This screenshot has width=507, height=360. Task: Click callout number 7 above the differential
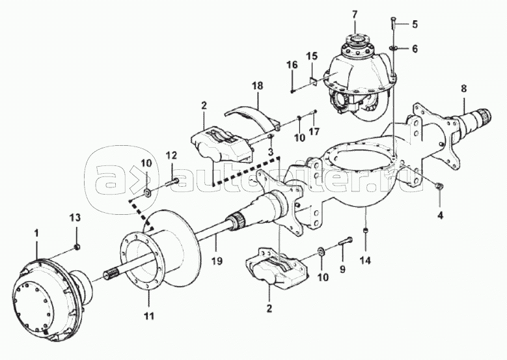(355, 15)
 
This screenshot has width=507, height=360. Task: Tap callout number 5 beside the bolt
(415, 24)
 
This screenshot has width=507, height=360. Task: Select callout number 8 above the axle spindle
(464, 89)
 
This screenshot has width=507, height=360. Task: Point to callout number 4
(440, 215)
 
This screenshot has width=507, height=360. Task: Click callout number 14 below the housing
(365, 260)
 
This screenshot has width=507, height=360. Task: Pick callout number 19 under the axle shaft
(217, 260)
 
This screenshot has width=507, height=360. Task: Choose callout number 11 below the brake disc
(150, 315)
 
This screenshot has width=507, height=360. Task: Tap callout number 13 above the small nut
(75, 218)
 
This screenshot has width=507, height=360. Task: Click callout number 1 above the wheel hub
(36, 233)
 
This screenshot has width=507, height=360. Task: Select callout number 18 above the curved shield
(258, 86)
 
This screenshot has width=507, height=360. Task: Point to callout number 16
(292, 64)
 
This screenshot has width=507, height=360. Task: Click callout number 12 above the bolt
(171, 156)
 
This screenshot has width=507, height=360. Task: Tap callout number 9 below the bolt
(342, 268)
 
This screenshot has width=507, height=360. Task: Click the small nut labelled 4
(439, 186)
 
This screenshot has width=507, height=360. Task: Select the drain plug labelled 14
(365, 230)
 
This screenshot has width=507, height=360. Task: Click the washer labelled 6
(393, 48)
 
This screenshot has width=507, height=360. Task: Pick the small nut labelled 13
(77, 247)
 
